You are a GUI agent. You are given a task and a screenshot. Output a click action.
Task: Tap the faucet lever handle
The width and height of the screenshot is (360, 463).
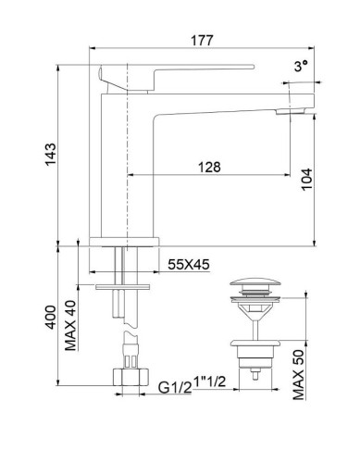coord(176,69)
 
